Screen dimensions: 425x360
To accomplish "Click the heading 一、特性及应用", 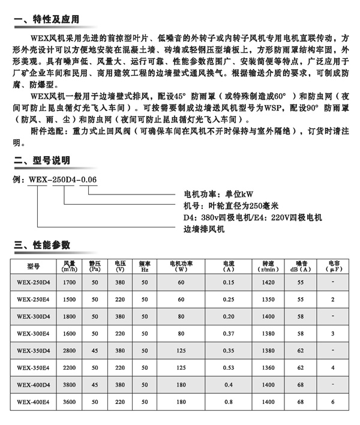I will coord(46,19).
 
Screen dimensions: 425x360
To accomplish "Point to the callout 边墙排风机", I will coord(204,228).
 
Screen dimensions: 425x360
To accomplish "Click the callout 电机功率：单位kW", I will coord(219,194).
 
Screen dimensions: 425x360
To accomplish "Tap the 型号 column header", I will coord(34,267).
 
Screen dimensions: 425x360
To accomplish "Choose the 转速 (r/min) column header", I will coord(268,267).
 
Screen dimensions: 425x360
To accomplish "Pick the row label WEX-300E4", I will coord(34,333).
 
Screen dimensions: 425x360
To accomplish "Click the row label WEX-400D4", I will coord(34,385).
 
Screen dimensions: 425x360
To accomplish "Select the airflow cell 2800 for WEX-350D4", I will coord(70,351).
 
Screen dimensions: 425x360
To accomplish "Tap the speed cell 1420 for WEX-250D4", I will coord(268,282).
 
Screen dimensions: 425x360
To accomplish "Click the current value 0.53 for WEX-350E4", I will coord(229,367).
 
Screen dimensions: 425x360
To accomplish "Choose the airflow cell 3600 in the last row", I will coord(70,402).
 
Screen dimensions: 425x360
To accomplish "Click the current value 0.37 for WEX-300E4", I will coord(229,333).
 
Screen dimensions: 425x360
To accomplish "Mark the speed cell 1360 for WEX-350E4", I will coord(268,367).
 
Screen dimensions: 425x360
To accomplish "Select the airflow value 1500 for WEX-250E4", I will coord(70,299).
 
